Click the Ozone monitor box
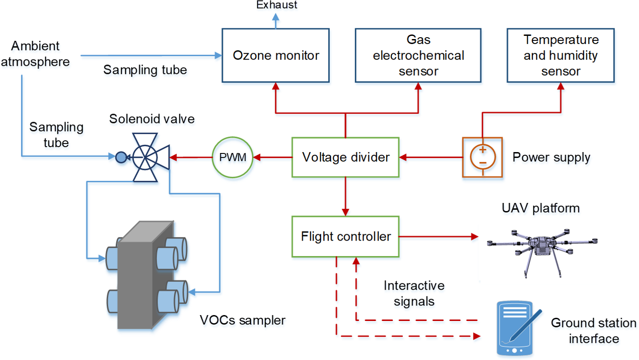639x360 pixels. (x=276, y=55)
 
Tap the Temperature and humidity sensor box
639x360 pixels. (x=561, y=55)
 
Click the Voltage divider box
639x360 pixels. (x=346, y=157)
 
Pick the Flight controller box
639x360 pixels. (x=346, y=236)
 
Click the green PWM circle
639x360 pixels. (x=233, y=157)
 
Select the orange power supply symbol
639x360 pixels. (x=483, y=157)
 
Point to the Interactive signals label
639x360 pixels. (x=414, y=293)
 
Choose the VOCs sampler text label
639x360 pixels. (x=243, y=320)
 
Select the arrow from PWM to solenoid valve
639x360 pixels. (x=191, y=158)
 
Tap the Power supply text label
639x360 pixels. (x=551, y=158)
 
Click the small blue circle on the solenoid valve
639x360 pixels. (x=121, y=158)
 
